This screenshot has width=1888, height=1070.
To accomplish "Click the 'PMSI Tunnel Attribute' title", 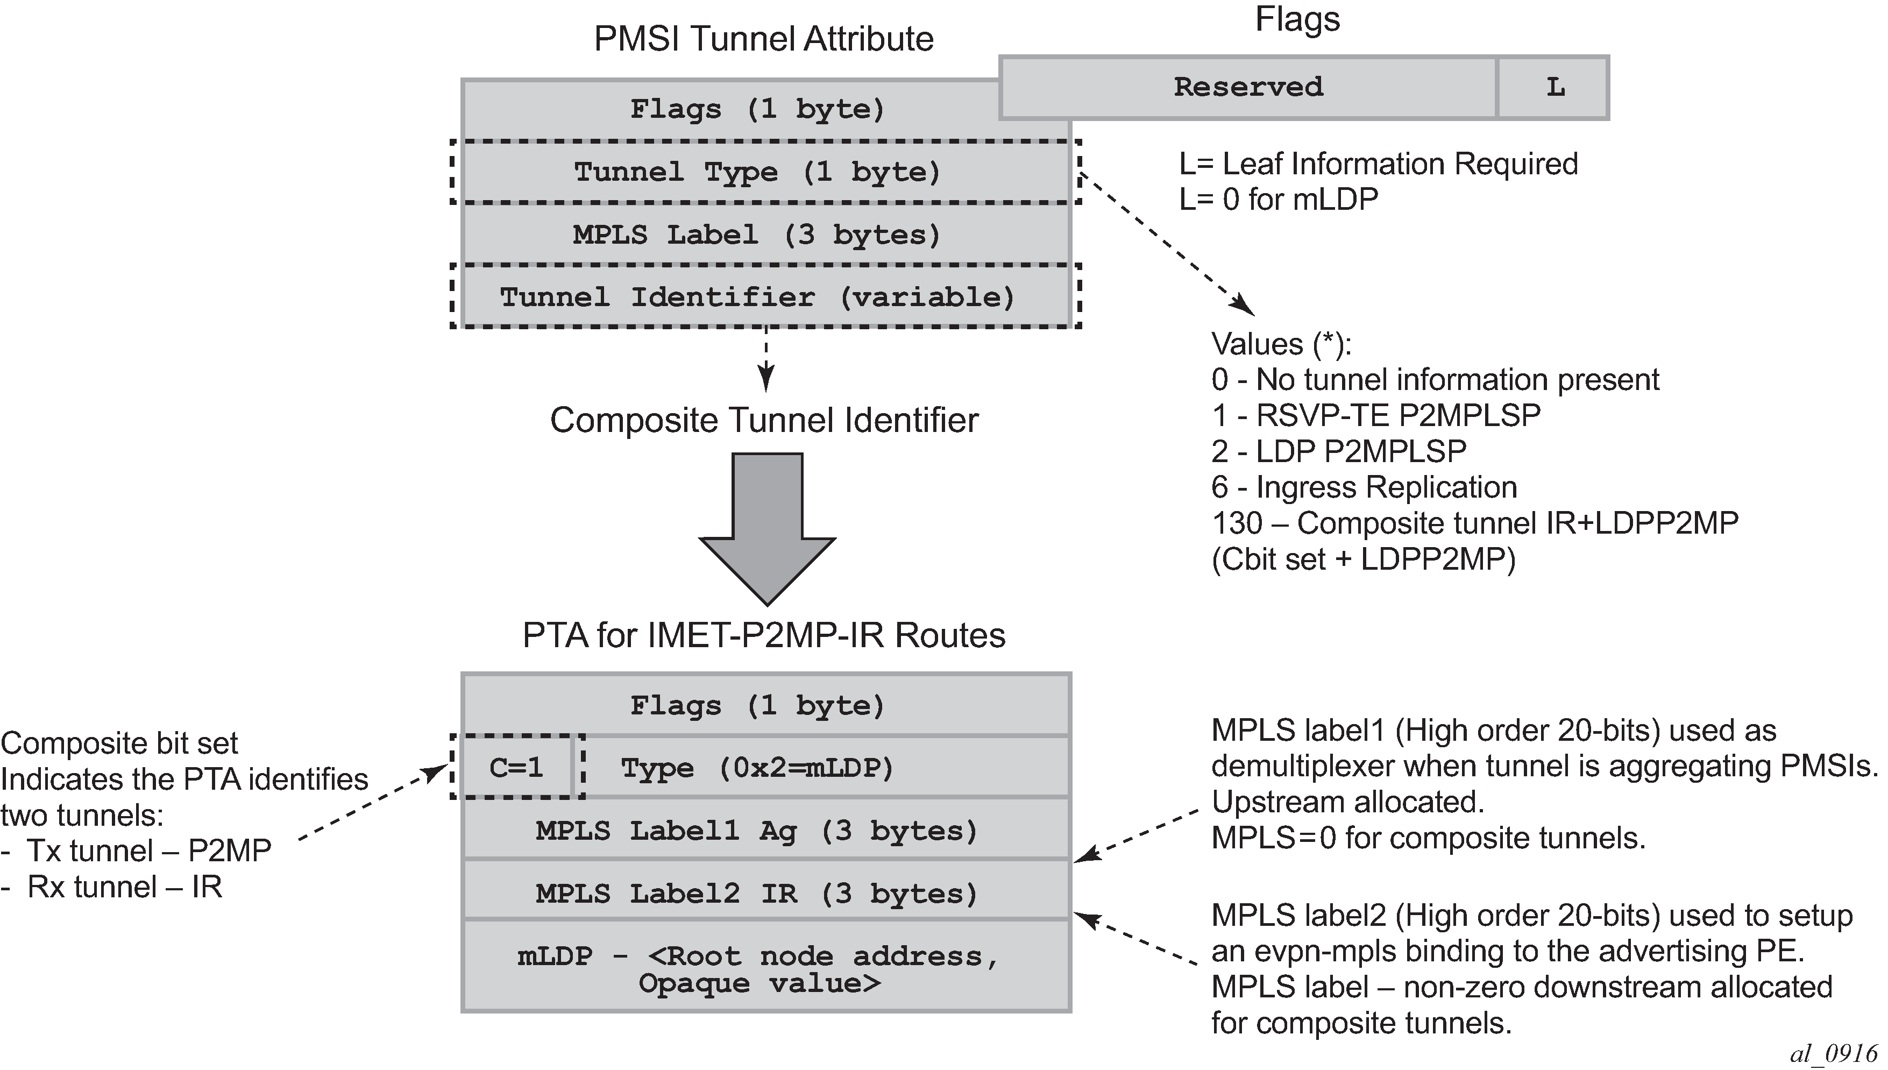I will tap(763, 39).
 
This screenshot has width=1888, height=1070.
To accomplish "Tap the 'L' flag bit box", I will tap(1554, 87).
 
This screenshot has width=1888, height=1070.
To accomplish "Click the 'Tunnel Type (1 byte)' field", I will tap(757, 172).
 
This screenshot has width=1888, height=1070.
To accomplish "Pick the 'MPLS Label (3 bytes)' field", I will tap(757, 235).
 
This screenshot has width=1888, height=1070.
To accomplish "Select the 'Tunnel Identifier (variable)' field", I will tap(757, 297).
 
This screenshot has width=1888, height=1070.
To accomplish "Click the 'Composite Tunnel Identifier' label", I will tap(764, 420).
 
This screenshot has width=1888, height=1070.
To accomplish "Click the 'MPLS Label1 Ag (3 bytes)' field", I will tap(757, 831).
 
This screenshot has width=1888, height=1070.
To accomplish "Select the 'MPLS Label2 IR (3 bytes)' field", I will tap(757, 894).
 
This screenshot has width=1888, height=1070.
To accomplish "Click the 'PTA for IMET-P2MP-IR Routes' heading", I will tap(764, 635).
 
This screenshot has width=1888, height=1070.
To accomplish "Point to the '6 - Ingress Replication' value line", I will tap(1364, 487).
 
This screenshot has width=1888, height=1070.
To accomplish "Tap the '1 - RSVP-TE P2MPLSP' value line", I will tap(1375, 415).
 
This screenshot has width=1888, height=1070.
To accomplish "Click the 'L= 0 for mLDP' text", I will tap(1278, 199).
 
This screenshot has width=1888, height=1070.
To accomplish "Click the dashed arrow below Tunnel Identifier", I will tap(766, 360).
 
